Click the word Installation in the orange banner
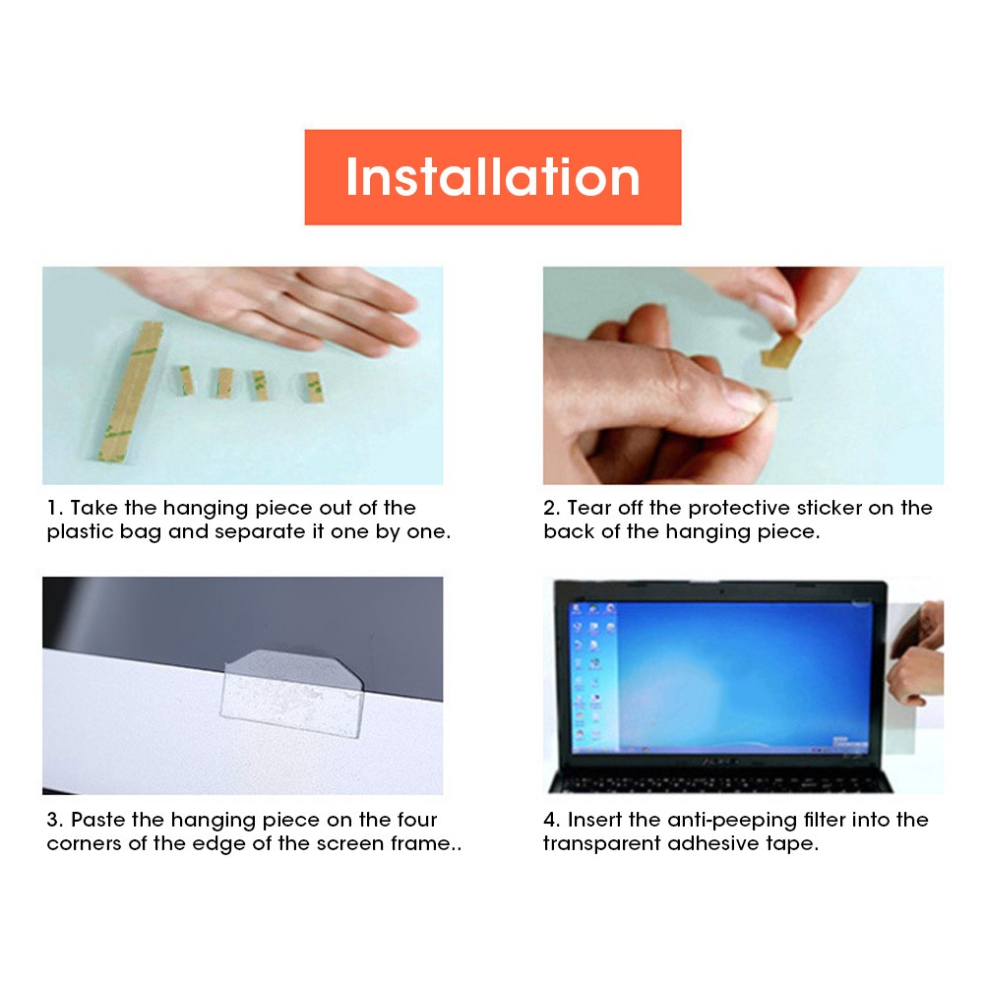tap(492, 177)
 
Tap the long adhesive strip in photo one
tap(130, 392)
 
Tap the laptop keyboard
tap(720, 783)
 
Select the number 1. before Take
tap(55, 508)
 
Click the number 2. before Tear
tap(552, 508)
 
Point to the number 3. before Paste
tap(55, 820)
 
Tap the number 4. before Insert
tap(552, 820)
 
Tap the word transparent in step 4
tap(602, 844)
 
